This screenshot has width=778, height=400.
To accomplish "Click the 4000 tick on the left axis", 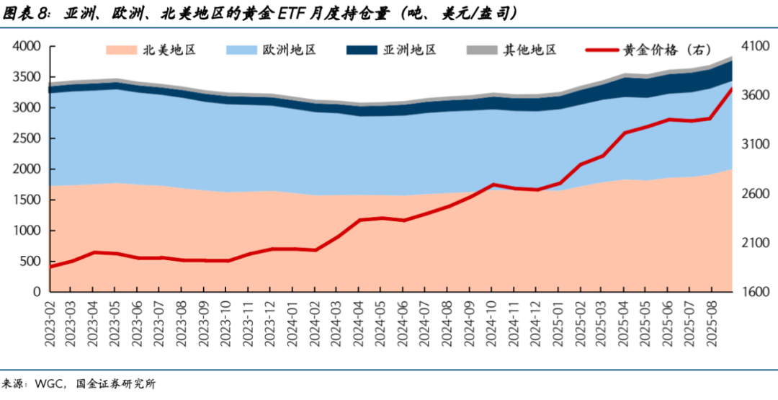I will coord(27,46).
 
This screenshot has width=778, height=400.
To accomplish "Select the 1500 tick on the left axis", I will coord(27,200).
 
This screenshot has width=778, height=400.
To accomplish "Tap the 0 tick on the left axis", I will coord(37,292).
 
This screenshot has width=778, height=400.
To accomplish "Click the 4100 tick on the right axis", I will coord(751,46).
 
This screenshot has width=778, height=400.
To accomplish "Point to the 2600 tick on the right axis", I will coord(751,194).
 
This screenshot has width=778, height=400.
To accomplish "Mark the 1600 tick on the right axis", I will coord(751,292).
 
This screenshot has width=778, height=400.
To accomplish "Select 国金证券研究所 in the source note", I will coord(115,384).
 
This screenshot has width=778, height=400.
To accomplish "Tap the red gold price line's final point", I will coord(732,89).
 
